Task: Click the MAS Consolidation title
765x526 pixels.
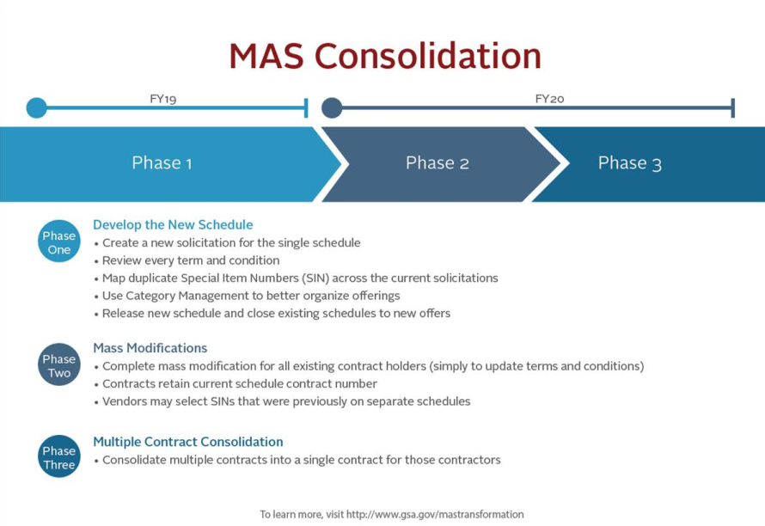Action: coord(385,56)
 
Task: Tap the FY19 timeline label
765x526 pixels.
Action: coord(163,99)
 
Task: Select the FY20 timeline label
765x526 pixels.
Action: coord(549,99)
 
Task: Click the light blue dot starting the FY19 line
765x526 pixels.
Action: coord(37,107)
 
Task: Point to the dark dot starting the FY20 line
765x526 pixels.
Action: coord(332,107)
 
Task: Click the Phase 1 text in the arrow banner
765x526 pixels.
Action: coord(162,162)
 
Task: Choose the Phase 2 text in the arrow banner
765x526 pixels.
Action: coord(438,162)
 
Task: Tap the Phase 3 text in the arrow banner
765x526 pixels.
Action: coord(629,163)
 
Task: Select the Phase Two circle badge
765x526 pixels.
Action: coord(59,364)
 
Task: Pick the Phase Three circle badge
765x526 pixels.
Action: coord(59,456)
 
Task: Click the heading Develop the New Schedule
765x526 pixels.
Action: coord(173,225)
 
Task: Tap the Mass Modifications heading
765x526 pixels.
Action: coord(150,348)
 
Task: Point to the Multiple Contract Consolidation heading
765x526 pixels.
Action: coord(188,442)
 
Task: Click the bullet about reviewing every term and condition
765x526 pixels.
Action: coord(187,260)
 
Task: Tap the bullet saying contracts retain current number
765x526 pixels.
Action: coord(236,384)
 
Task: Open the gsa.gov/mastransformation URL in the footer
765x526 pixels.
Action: coord(435,514)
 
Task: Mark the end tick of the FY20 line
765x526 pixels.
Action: coord(733,107)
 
